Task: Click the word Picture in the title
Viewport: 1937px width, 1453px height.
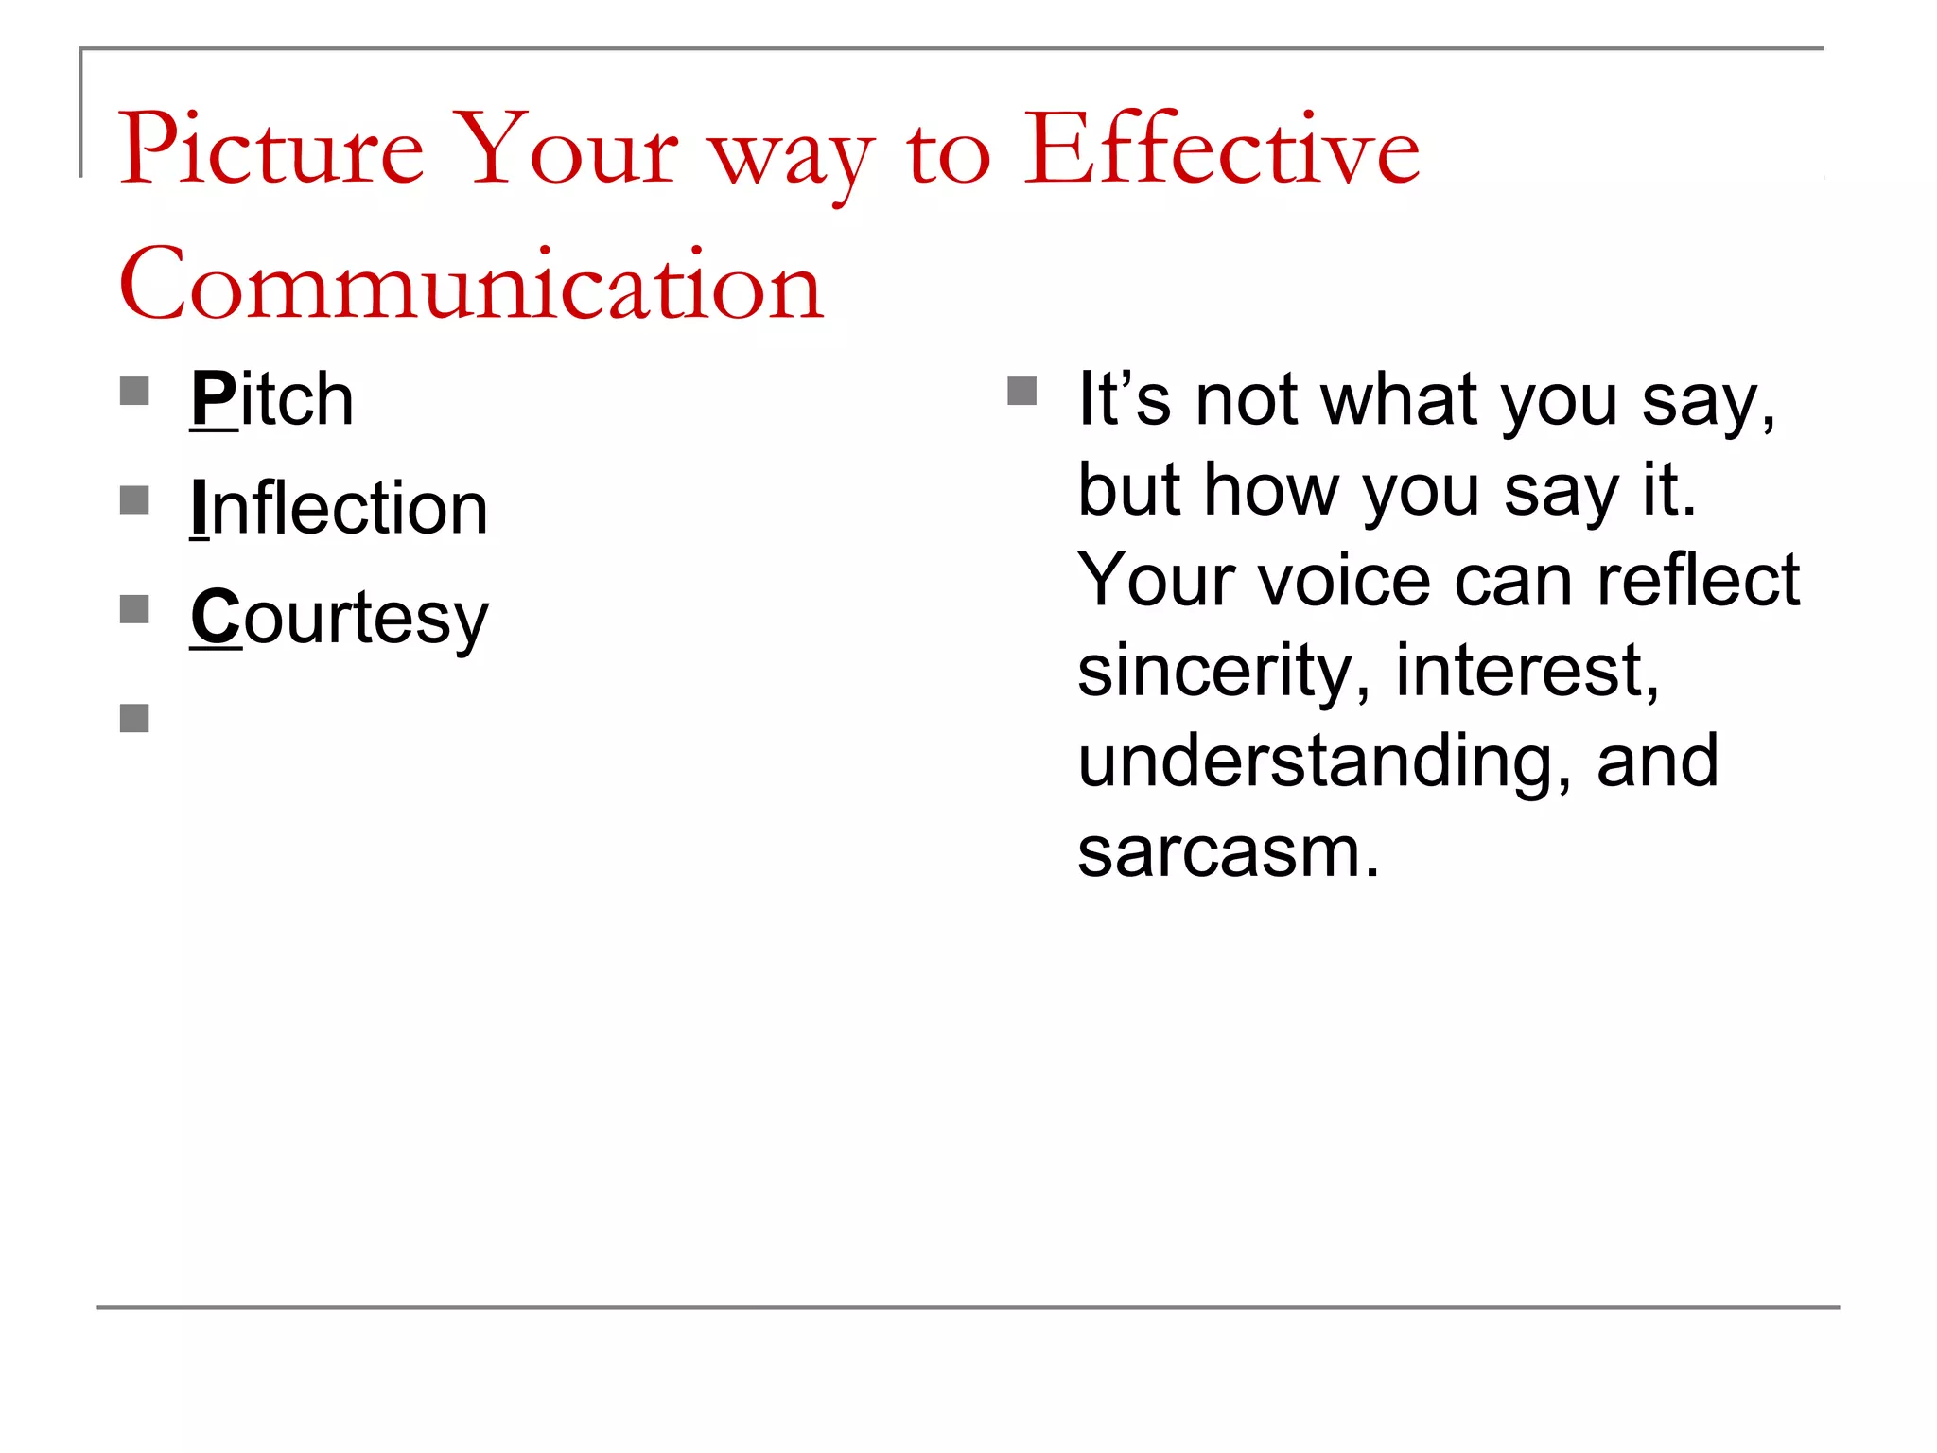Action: [271, 149]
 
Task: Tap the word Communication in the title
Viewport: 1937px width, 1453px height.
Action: [471, 285]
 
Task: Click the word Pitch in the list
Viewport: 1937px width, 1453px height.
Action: [272, 399]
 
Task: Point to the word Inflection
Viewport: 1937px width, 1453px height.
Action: [340, 509]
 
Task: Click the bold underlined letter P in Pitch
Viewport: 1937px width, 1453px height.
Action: [214, 399]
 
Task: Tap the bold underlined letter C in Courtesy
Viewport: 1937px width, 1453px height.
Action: [216, 617]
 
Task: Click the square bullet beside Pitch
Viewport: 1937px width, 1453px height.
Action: [135, 391]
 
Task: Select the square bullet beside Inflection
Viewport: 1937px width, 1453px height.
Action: [135, 500]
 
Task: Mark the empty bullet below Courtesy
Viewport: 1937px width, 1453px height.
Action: [135, 718]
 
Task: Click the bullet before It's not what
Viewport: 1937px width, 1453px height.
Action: [1022, 391]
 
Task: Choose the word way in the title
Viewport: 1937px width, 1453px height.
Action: [793, 156]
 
